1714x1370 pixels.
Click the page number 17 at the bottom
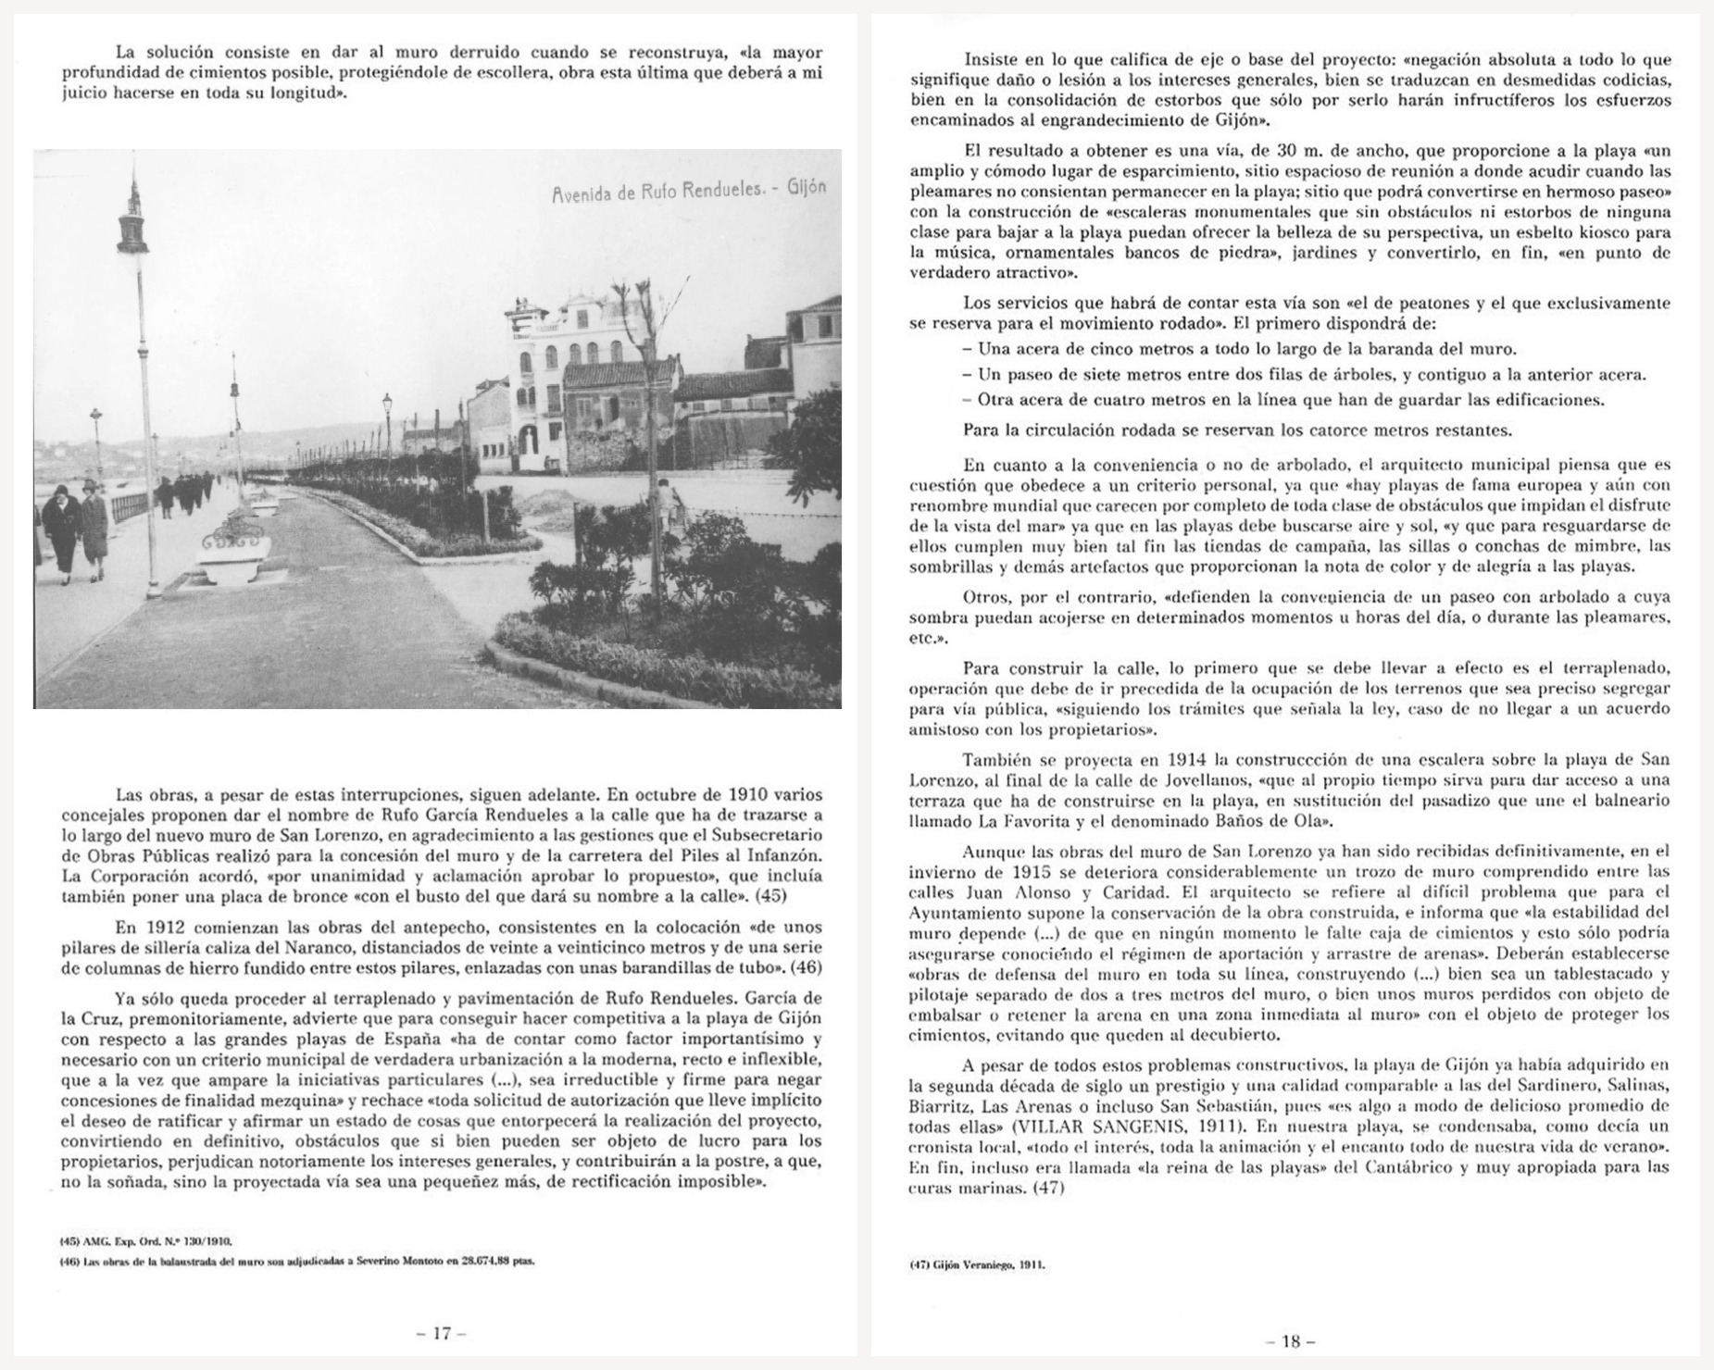tap(442, 1333)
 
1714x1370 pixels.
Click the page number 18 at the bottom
tap(1291, 1341)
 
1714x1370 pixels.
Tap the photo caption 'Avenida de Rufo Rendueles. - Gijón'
tap(688, 191)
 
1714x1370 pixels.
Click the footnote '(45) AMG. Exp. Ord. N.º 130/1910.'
tap(147, 1239)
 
